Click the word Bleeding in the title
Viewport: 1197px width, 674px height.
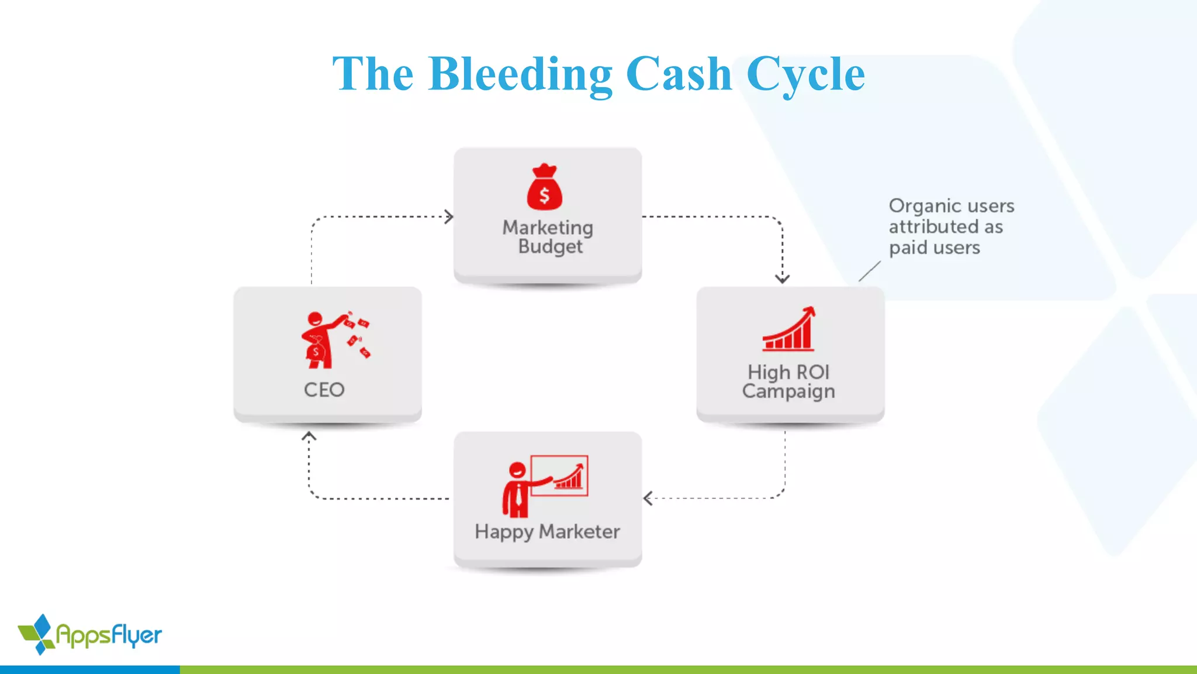click(x=520, y=74)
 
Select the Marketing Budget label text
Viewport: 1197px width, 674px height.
click(x=548, y=236)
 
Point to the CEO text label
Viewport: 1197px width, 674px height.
click(x=324, y=390)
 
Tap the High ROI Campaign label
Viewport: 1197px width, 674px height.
click(x=789, y=381)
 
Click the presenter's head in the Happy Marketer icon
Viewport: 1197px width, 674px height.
click(x=517, y=469)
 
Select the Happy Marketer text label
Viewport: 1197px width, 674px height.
click(x=547, y=531)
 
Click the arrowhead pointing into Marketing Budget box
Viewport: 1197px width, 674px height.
click(x=449, y=217)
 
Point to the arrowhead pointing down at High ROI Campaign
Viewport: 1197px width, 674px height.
click(x=783, y=278)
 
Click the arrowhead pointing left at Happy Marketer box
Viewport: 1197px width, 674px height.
click(x=648, y=498)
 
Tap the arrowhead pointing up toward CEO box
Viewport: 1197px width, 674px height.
click(x=309, y=436)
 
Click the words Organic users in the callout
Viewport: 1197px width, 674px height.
click(x=951, y=206)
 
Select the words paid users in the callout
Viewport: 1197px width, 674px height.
click(x=934, y=247)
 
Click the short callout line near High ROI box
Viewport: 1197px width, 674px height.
click(x=869, y=271)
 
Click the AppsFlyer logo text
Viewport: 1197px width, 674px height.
click(x=109, y=635)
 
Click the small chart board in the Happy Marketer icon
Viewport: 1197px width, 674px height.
click(x=560, y=475)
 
